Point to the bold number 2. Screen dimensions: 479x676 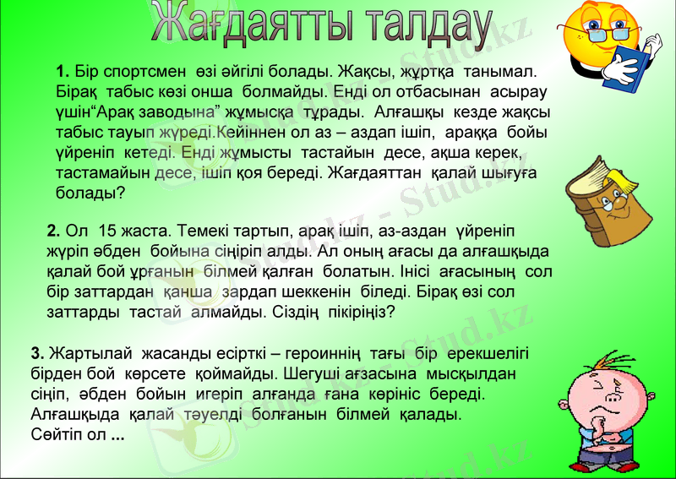[53, 231]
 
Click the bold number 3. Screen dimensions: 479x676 [36, 352]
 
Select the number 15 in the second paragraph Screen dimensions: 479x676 [107, 231]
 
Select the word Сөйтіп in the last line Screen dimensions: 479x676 [56, 435]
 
